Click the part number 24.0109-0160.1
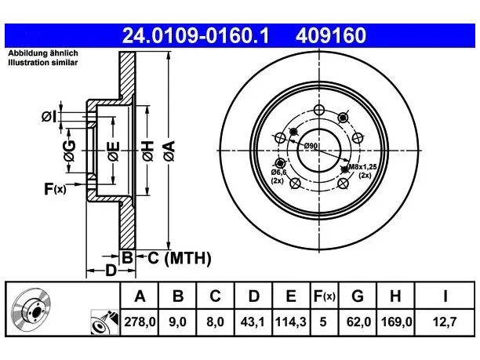(x=195, y=35)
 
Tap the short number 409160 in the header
(x=331, y=35)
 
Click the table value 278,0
(x=140, y=322)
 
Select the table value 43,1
(x=253, y=322)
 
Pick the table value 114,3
(x=290, y=322)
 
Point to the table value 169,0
(x=396, y=322)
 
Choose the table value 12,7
(x=445, y=322)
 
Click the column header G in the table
(x=358, y=296)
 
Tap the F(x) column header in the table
(x=325, y=296)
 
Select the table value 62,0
(x=358, y=322)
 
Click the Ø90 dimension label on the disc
(x=311, y=147)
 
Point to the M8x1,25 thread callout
(x=363, y=167)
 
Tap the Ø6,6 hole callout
(x=278, y=173)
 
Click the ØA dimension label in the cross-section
(x=169, y=151)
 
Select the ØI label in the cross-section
(x=49, y=117)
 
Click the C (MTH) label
(x=180, y=258)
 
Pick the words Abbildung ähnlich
(x=43, y=53)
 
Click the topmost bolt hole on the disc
(x=319, y=109)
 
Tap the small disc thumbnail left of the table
(x=31, y=309)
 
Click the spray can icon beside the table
(x=104, y=322)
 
